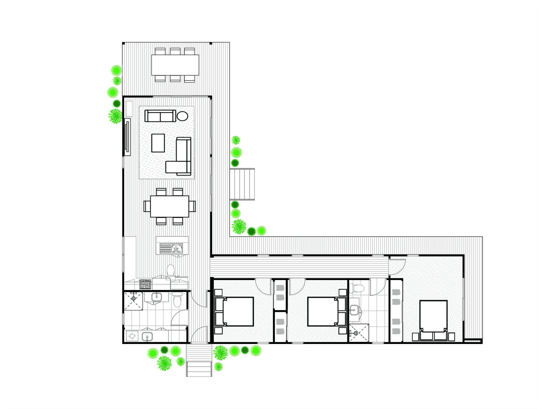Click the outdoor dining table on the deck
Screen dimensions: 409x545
tap(175, 65)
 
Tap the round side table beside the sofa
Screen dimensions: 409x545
tap(183, 116)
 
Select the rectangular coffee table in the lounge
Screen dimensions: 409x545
tap(158, 143)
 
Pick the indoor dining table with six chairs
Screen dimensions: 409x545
tap(169, 206)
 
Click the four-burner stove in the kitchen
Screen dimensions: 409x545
tap(145, 284)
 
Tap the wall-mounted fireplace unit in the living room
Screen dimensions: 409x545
tap(127, 137)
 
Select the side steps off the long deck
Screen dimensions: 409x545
tap(242, 184)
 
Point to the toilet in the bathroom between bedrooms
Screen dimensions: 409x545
tap(359, 288)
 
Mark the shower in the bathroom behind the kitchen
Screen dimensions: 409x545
tap(133, 301)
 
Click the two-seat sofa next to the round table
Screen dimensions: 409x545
tap(160, 116)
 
